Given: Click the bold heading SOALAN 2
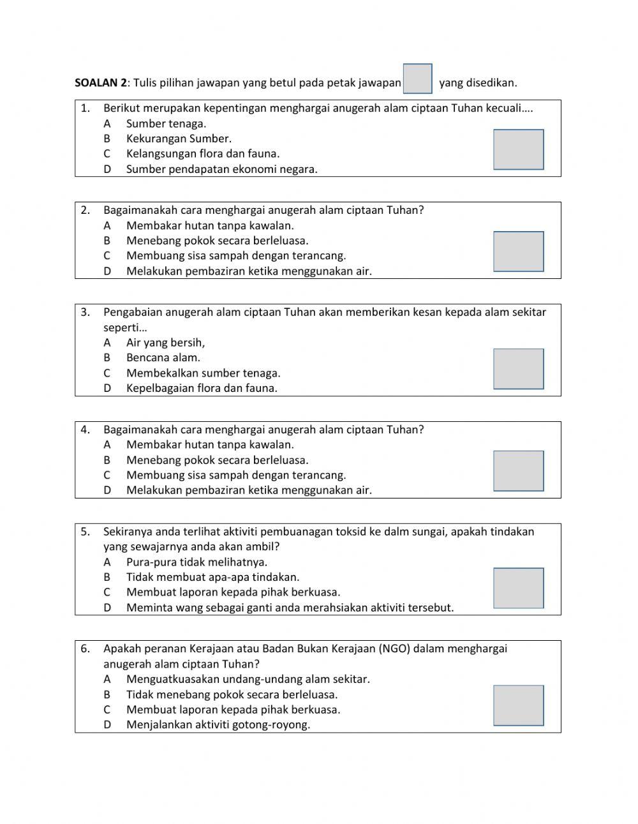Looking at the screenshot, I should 101,83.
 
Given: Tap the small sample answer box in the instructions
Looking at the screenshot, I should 418,79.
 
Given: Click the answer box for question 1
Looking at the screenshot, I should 518,149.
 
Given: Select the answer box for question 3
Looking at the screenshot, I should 518,369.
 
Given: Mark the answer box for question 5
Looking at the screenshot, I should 518,588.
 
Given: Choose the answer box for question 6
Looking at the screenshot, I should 518,705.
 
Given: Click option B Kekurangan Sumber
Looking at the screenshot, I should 179,139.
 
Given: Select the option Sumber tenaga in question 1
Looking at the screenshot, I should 166,124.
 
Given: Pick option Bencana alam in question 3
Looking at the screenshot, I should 163,358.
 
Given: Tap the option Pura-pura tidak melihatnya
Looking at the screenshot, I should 197,562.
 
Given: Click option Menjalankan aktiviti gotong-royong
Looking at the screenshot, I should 218,725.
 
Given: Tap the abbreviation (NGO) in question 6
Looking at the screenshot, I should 396,649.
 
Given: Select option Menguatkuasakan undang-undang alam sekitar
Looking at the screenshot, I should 248,680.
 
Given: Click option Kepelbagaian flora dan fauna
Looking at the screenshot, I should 202,388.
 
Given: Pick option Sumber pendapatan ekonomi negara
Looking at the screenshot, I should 221,170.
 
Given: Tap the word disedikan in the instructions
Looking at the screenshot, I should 491,83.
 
